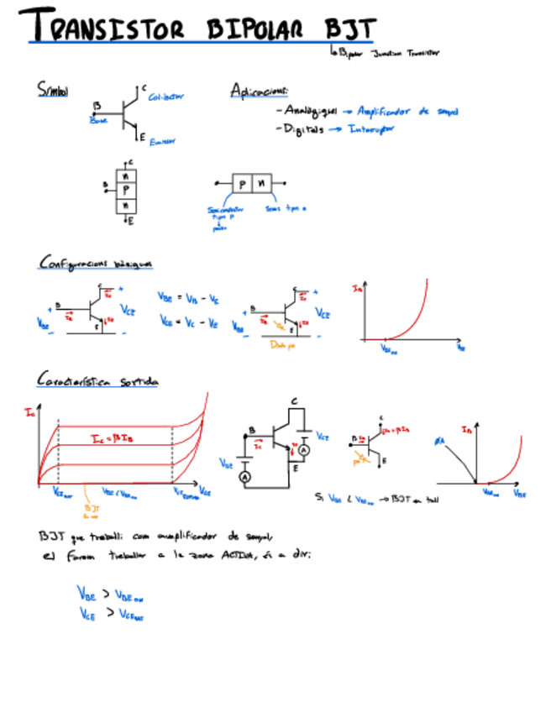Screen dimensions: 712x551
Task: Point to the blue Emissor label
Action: pos(162,143)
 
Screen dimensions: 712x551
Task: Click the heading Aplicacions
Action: pos(260,91)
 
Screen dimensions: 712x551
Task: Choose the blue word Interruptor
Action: pos(371,129)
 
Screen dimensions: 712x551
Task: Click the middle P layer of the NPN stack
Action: pos(127,191)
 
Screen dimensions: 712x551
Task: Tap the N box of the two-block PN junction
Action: pos(262,181)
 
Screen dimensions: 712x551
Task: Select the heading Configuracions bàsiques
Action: pos(96,264)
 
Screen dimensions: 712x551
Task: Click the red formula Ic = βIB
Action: pos(115,438)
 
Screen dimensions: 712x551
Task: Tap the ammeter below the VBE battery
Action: pos(246,476)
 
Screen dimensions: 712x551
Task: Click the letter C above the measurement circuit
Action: pos(294,402)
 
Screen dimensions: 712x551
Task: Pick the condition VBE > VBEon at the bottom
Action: pos(110,594)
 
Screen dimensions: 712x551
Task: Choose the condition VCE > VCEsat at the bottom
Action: pos(110,614)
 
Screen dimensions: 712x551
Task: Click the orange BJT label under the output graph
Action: pos(90,509)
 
